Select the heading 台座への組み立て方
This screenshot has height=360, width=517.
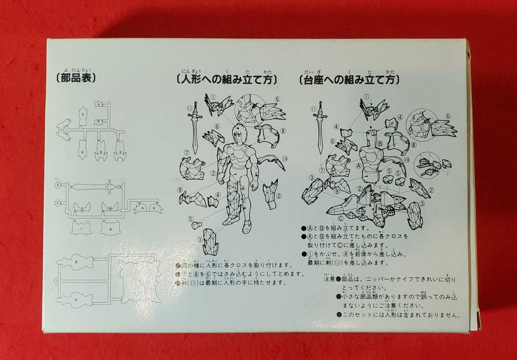(349, 79)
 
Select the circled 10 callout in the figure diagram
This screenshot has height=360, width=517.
(285, 158)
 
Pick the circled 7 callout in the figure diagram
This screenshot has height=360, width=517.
(187, 153)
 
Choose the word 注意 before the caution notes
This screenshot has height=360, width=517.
(329, 279)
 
